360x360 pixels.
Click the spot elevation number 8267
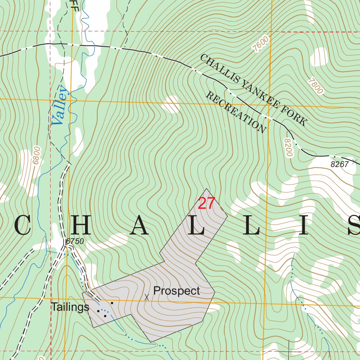pos(340,164)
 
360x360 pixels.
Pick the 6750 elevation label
pos(75,242)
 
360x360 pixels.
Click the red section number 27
pos(206,204)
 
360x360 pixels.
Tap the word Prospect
pos(176,291)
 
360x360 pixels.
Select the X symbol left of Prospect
pos(147,297)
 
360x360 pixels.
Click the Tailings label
pos(70,307)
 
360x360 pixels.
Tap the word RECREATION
pos(236,112)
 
